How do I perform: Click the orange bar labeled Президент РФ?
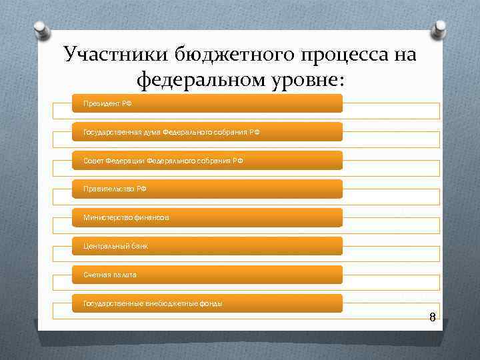pos(207,103)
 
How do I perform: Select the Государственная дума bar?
pos(207,132)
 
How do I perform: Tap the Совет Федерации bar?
pos(207,161)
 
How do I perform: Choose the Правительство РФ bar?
pos(207,189)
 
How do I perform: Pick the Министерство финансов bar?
pos(207,218)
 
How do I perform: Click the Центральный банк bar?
pos(207,247)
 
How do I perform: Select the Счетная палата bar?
pos(207,275)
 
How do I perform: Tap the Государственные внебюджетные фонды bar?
pos(207,303)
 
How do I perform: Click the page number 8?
pos(432,317)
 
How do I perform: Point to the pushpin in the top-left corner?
pos(40,27)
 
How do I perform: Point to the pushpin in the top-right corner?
pos(440,27)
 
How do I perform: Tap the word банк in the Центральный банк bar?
pos(139,247)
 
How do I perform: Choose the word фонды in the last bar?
pos(211,304)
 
